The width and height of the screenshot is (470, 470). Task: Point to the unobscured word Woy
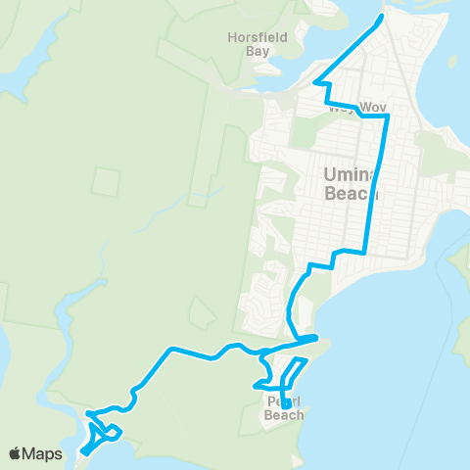(373, 106)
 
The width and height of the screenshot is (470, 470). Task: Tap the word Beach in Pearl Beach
(284, 415)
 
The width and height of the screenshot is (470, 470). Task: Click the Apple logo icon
(16, 453)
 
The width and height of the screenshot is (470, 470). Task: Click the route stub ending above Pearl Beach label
(284, 398)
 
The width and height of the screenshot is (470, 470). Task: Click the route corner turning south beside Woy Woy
(388, 116)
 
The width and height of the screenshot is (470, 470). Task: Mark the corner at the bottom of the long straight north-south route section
(365, 253)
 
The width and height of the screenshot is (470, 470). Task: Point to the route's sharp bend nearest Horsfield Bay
(315, 82)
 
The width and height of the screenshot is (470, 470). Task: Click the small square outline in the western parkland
(107, 180)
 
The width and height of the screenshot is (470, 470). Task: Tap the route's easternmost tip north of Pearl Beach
(317, 338)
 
